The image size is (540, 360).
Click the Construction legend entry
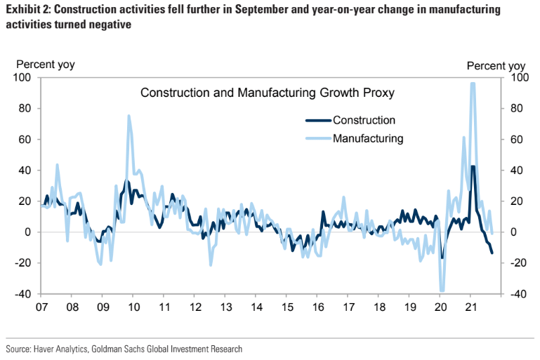click(364, 120)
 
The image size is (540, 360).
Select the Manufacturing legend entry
click(367, 138)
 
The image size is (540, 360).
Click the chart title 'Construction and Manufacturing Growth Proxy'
click(268, 93)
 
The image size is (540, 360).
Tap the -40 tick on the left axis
click(24, 294)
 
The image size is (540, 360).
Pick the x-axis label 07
click(41, 307)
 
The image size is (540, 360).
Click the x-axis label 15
click(287, 307)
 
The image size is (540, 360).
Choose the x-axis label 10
click(133, 307)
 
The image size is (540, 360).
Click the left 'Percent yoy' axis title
click(45, 65)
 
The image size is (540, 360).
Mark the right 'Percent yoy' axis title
click(496, 65)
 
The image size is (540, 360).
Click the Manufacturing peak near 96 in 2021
click(473, 84)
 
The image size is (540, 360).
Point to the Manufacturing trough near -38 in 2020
click(442, 290)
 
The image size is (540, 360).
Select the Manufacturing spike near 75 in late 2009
click(129, 116)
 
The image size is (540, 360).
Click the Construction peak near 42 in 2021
click(473, 167)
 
